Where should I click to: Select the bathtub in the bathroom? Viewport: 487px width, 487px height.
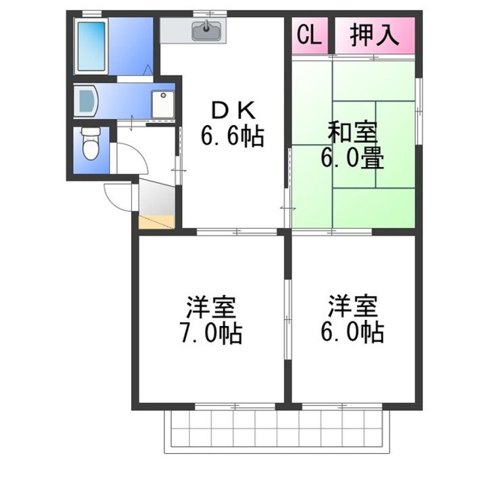click(90, 46)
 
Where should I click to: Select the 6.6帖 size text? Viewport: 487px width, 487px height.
click(231, 137)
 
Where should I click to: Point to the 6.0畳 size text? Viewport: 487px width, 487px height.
click(352, 160)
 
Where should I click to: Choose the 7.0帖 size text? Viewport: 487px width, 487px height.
click(211, 333)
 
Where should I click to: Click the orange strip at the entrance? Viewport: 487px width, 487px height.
click(157, 221)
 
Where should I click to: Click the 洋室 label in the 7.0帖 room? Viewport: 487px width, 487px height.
click(211, 306)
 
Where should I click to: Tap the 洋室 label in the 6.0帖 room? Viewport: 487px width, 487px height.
click(352, 306)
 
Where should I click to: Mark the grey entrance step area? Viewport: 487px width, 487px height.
click(156, 198)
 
